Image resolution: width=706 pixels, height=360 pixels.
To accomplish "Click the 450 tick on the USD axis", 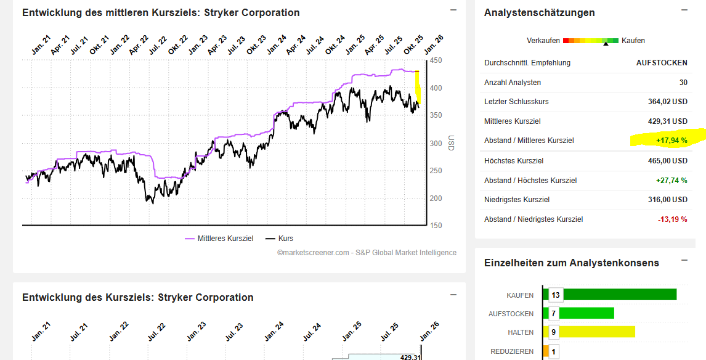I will (x=436, y=60).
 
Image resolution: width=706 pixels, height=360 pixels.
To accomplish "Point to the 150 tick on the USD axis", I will (x=436, y=226).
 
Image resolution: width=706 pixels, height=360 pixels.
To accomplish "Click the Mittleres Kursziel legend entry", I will (x=219, y=238).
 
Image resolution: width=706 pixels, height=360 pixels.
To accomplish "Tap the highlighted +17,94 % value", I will (x=672, y=141).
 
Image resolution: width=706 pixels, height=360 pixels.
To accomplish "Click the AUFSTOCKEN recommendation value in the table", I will (x=662, y=62).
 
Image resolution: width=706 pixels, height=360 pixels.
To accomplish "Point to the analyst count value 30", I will (x=683, y=82).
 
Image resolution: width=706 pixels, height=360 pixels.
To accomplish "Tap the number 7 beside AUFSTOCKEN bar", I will (x=554, y=314).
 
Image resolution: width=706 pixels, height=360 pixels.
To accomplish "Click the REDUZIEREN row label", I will (x=511, y=351).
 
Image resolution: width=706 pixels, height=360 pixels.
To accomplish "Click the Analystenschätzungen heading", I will (x=539, y=13).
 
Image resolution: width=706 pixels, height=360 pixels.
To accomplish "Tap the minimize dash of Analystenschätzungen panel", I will (x=684, y=10).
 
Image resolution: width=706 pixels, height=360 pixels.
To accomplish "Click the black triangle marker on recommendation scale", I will (x=606, y=44).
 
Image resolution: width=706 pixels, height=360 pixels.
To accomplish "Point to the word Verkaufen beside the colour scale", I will (x=543, y=41).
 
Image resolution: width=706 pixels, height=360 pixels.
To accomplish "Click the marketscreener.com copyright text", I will (x=367, y=252).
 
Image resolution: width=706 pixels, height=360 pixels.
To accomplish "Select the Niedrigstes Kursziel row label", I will (x=517, y=200).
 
